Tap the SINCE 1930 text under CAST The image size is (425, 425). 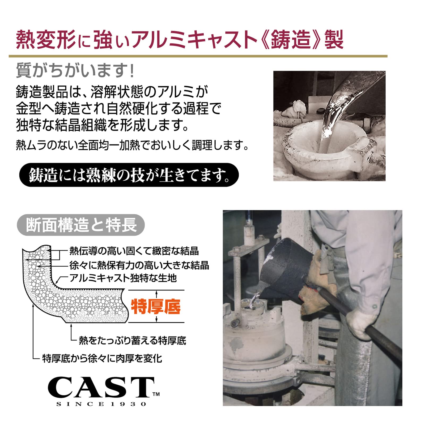(x=101, y=404)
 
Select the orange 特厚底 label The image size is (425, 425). (x=156, y=307)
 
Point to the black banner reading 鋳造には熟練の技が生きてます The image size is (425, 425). (x=129, y=175)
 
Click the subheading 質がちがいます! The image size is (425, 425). (x=75, y=70)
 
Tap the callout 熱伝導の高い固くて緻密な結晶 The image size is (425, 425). (x=134, y=251)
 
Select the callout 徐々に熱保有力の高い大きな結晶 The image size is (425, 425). (x=139, y=265)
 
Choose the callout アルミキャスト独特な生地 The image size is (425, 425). (x=123, y=278)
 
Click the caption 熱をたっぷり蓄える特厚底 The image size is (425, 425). (x=132, y=340)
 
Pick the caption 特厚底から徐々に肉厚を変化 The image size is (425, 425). (x=102, y=358)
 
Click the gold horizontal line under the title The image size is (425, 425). (x=198, y=56)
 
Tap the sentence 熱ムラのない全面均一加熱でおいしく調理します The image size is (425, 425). (x=132, y=145)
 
